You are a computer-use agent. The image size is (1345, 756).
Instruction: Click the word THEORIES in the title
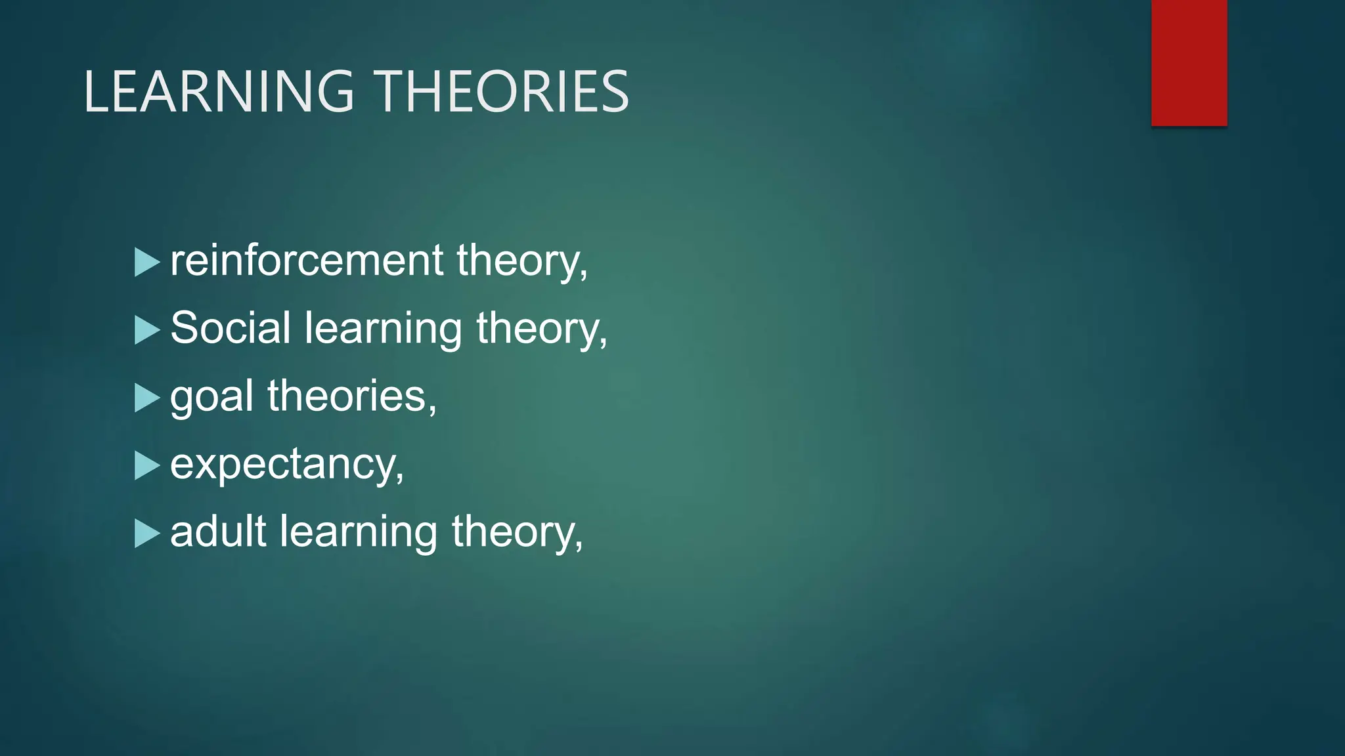pos(502,92)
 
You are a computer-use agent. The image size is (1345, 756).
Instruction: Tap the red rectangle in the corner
pos(1189,62)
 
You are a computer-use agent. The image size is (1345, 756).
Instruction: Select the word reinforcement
pos(307,261)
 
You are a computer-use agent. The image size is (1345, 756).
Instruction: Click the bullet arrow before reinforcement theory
pos(146,262)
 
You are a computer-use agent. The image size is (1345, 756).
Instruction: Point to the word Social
pos(230,327)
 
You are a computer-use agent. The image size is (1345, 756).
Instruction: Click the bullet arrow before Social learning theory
pos(146,330)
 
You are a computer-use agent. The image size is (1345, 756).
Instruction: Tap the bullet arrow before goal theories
pos(146,398)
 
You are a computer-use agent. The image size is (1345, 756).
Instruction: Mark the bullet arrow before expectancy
pos(146,465)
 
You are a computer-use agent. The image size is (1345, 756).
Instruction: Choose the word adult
pos(218,531)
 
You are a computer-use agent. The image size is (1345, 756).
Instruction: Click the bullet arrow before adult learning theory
pos(146,534)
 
